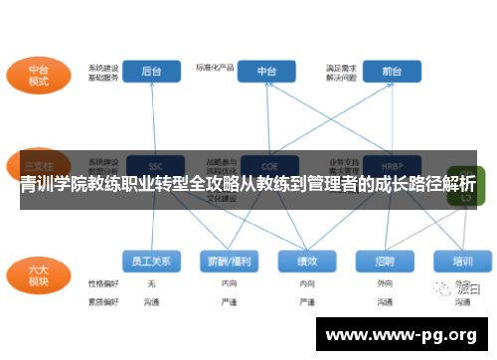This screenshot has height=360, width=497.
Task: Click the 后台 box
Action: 152,72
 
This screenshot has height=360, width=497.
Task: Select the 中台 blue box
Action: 267,72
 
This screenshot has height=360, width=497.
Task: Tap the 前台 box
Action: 391,72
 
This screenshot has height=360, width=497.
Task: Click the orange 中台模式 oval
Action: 39,74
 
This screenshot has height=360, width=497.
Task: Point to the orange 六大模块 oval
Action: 39,275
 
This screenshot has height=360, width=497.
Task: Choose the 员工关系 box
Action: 151,261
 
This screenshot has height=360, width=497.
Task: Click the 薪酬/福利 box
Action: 228,261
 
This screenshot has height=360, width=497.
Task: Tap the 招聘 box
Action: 385,261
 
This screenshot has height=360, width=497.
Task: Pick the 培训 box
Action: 462,261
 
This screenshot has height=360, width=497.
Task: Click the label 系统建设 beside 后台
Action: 102,66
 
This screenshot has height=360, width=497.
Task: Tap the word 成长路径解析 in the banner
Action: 420,185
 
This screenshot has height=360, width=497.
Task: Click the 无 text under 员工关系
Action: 151,283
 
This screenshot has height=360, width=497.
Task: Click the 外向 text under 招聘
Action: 385,283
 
